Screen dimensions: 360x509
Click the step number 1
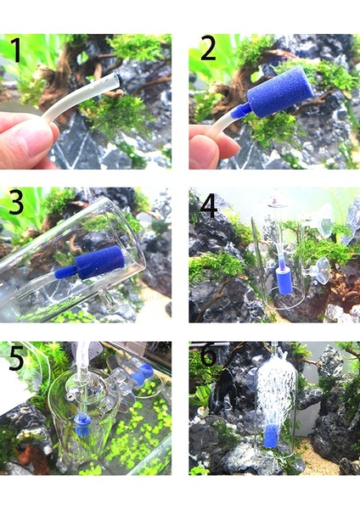[x=15, y=50]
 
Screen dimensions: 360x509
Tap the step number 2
[x=208, y=48]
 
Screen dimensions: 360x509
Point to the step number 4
[x=209, y=206]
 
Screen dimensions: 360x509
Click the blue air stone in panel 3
[x=99, y=262]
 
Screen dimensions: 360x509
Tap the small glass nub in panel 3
[x=104, y=298]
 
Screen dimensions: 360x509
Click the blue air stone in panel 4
[x=284, y=281]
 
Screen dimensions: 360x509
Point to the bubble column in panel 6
[x=276, y=389]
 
